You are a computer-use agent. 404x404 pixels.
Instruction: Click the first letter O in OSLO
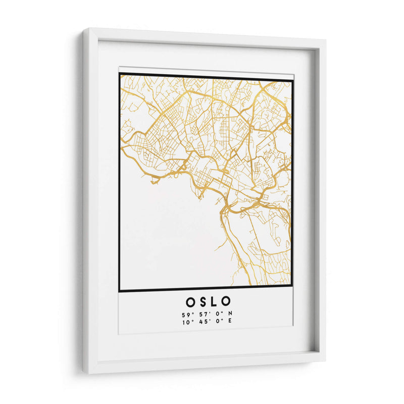(x=190, y=302)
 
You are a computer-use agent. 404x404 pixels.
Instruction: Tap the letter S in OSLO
(x=203, y=302)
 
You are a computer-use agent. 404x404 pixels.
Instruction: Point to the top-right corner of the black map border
(x=292, y=80)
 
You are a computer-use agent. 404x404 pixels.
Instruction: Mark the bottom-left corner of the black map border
(x=120, y=291)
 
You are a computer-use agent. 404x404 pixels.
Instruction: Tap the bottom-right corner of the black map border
(x=292, y=287)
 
